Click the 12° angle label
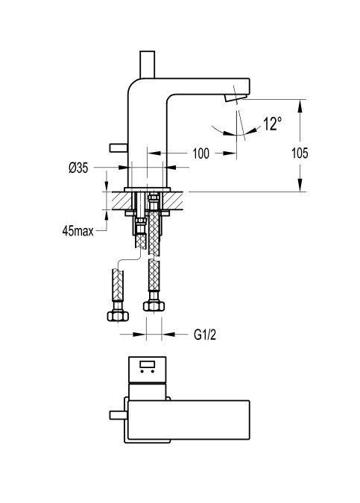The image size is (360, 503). [x=272, y=124]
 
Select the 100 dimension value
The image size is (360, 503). [x=200, y=154]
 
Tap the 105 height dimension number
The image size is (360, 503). [x=300, y=153]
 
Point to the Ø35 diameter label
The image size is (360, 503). [x=78, y=168]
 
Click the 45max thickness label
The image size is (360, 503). [x=78, y=231]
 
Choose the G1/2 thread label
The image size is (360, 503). [x=205, y=335]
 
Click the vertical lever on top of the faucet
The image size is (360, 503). [x=148, y=65]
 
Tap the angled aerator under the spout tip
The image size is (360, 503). [x=236, y=98]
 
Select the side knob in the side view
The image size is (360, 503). [x=119, y=148]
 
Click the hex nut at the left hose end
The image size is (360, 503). [x=118, y=316]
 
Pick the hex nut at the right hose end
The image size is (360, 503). [x=154, y=306]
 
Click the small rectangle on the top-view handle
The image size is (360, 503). [x=148, y=364]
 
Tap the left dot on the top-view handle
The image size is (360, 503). [x=142, y=372]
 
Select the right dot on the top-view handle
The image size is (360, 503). [x=152, y=372]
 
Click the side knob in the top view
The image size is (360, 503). [x=119, y=415]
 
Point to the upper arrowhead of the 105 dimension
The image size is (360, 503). [x=300, y=106]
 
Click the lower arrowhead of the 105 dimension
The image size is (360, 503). [x=300, y=186]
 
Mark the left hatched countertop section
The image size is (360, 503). [x=121, y=200]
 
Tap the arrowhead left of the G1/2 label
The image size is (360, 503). [x=139, y=335]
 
